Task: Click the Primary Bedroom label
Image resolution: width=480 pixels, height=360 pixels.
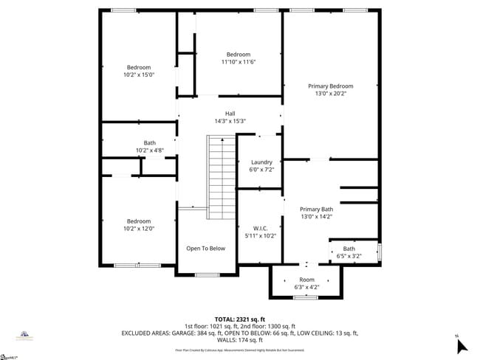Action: point(330,86)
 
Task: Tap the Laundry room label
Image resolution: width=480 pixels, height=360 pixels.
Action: point(262,162)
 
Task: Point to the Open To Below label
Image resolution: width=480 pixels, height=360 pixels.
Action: point(205,249)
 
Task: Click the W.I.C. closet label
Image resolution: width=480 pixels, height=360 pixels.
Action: point(260,228)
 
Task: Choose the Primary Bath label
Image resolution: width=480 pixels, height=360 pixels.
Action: point(316,209)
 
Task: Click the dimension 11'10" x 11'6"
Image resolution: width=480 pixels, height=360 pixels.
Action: point(239,63)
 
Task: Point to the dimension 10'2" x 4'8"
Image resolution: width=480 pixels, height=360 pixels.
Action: point(149,150)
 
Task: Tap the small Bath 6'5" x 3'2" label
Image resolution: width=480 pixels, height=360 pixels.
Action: point(349,249)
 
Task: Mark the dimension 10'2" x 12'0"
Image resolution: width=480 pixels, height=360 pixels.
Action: point(139,229)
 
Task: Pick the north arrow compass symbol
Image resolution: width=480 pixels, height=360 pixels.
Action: point(462,345)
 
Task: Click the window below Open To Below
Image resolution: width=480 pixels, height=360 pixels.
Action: point(206,275)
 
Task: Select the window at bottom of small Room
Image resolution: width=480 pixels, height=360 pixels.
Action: point(305,297)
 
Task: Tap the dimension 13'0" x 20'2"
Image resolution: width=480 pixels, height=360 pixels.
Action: point(330,94)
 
